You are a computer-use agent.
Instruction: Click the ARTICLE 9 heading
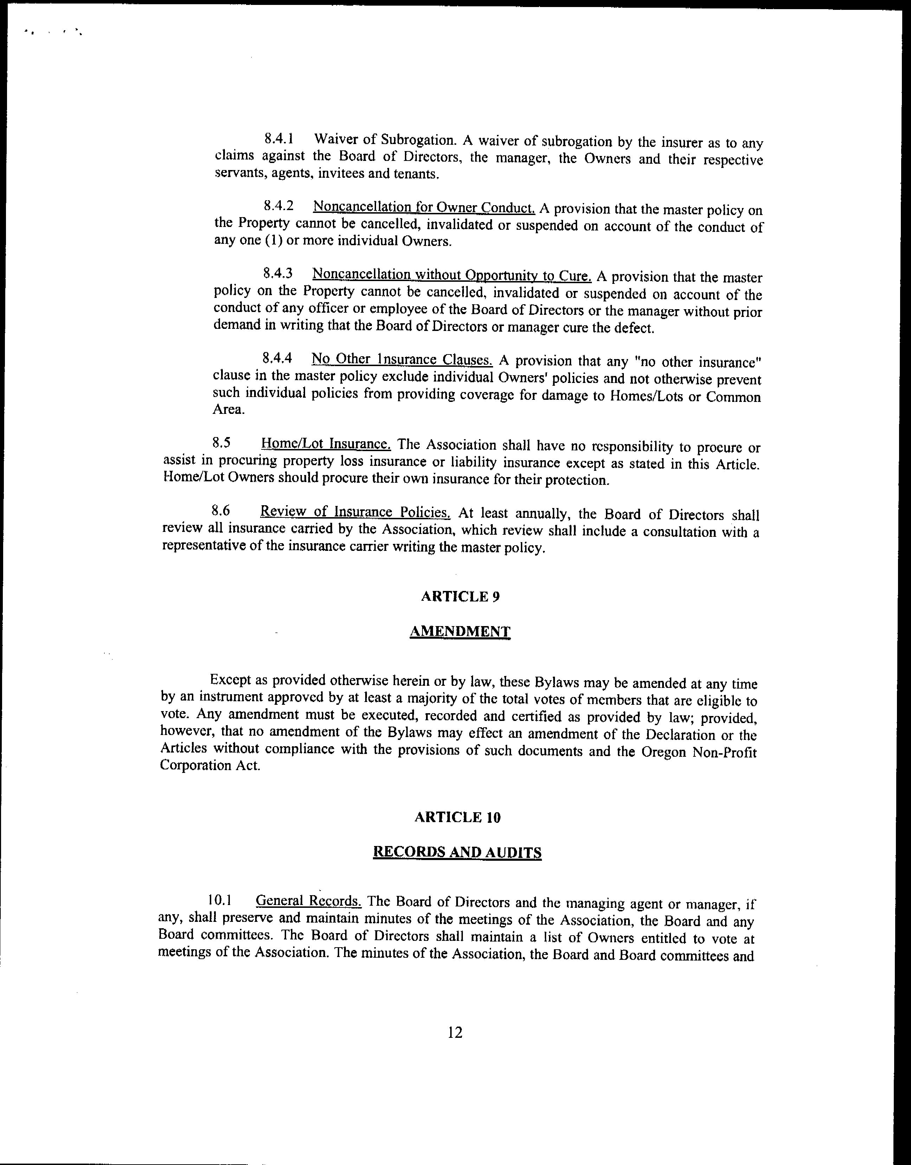click(x=460, y=596)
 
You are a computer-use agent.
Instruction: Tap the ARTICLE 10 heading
click(x=457, y=818)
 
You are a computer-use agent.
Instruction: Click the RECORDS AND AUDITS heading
click(x=457, y=852)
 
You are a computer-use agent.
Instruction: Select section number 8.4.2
click(x=279, y=207)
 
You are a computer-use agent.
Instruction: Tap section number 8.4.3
click(x=278, y=274)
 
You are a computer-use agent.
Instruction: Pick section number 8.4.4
click(x=278, y=358)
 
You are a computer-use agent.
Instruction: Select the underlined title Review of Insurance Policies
click(x=355, y=512)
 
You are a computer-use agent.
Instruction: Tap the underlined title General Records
click(x=309, y=901)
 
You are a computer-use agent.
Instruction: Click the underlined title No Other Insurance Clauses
click(x=402, y=359)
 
